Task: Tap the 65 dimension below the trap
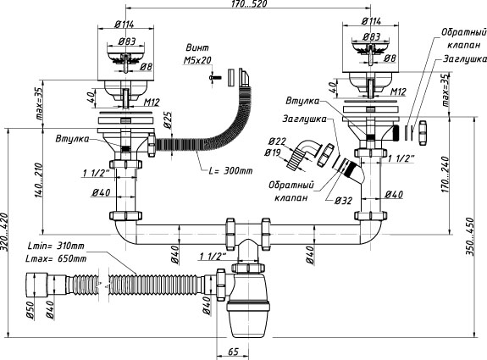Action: [x=233, y=352]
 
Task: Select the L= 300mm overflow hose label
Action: [x=230, y=170]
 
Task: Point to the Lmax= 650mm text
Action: [x=57, y=258]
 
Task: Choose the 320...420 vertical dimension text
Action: [x=4, y=233]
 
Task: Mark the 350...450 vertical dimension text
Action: [x=470, y=236]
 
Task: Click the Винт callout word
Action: [x=197, y=48]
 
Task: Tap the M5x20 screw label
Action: [x=197, y=60]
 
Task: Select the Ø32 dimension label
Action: [x=344, y=201]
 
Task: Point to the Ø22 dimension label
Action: [x=277, y=141]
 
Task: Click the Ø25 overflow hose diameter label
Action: [x=168, y=120]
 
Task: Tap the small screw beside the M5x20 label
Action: [x=214, y=77]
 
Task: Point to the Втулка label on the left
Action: [x=72, y=139]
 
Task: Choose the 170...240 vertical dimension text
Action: [x=445, y=174]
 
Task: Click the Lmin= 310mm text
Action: [x=56, y=246]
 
